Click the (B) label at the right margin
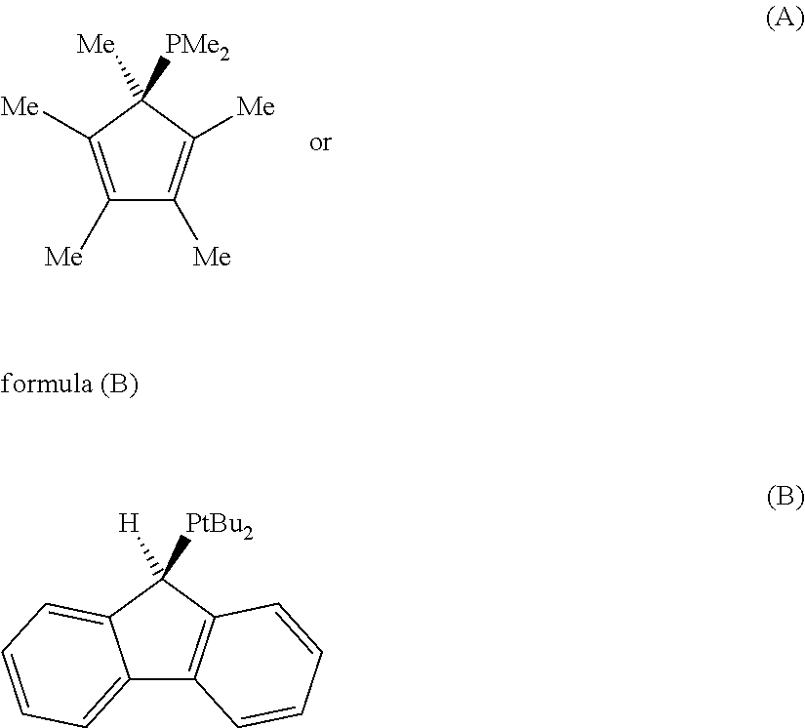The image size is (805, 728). tap(784, 498)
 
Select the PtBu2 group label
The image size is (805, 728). tap(219, 527)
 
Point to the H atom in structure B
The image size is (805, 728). tap(128, 524)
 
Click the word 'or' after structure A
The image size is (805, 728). tap(320, 143)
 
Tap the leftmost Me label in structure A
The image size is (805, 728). tap(20, 106)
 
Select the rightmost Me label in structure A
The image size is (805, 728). tap(256, 106)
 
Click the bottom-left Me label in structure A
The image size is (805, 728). tap(64, 258)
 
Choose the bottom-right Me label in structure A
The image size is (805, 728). tap(212, 258)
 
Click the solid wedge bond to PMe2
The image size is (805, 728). tap(155, 77)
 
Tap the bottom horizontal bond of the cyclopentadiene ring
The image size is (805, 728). tap(141, 201)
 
